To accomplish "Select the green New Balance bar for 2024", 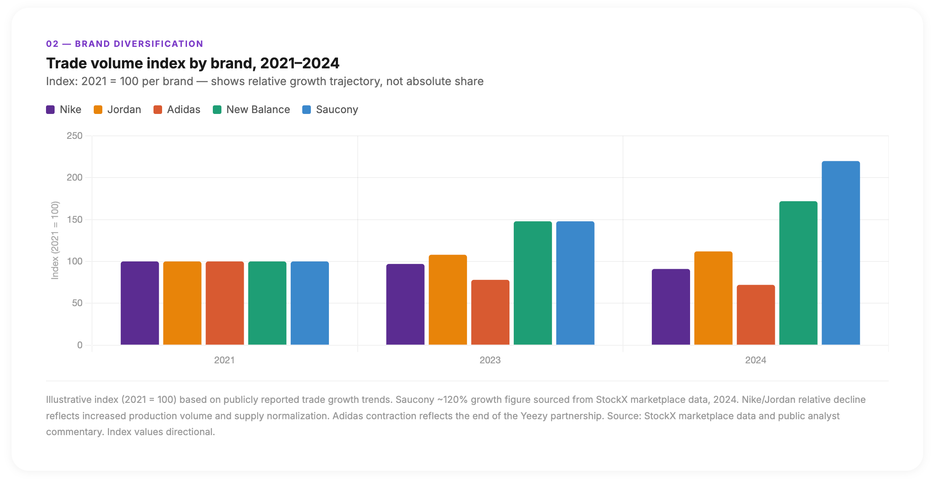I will pyautogui.click(x=798, y=273).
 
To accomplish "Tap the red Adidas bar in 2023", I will pyautogui.click(x=490, y=312).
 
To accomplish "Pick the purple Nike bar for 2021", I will pyautogui.click(x=140, y=303).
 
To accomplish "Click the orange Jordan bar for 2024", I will pyautogui.click(x=713, y=298).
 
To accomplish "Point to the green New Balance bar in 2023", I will pyautogui.click(x=533, y=283).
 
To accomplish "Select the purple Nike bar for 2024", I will pyautogui.click(x=671, y=307).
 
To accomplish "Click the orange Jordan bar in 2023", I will pyautogui.click(x=448, y=300).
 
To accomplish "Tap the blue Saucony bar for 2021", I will pyautogui.click(x=310, y=303).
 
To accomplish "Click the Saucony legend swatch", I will pyautogui.click(x=307, y=110).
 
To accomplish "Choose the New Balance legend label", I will pyautogui.click(x=258, y=110).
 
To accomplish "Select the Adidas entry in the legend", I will pyautogui.click(x=184, y=110).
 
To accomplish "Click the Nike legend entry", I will pyautogui.click(x=70, y=110).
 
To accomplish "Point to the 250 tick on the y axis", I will pyautogui.click(x=74, y=136).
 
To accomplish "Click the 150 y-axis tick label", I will pyautogui.click(x=74, y=220).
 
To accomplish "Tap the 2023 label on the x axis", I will pyautogui.click(x=490, y=360).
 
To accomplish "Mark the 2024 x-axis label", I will pyautogui.click(x=755, y=360).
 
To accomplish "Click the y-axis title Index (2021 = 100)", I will pyautogui.click(x=55, y=240).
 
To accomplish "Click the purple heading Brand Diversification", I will pyautogui.click(x=139, y=44).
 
